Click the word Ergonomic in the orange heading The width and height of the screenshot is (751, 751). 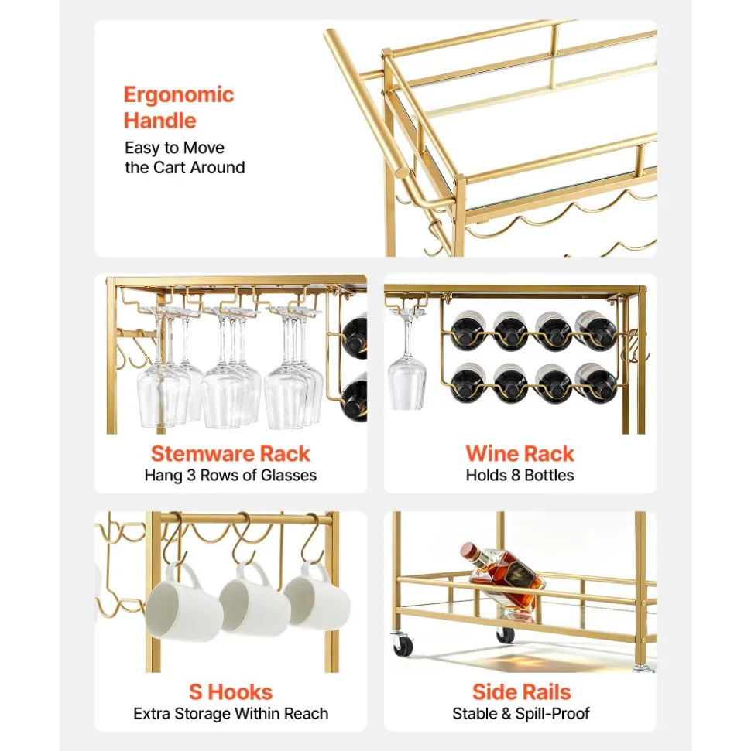coord(178,95)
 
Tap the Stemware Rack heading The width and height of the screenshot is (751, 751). coord(230,453)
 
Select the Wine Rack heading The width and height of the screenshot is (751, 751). coord(520,453)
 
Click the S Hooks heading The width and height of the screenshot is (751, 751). coord(230,692)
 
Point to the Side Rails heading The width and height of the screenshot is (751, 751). coord(521,692)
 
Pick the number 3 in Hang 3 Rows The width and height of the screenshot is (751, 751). coord(191,475)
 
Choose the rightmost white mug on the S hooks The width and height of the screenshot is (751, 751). coord(317,595)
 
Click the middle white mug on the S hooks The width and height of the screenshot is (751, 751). coord(255,599)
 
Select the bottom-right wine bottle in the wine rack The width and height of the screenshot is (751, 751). coord(595,382)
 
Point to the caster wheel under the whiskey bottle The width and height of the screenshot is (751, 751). coord(506,634)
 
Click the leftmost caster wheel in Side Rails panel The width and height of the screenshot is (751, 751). coord(402,643)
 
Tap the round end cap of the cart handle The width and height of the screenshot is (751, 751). coord(403,172)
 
